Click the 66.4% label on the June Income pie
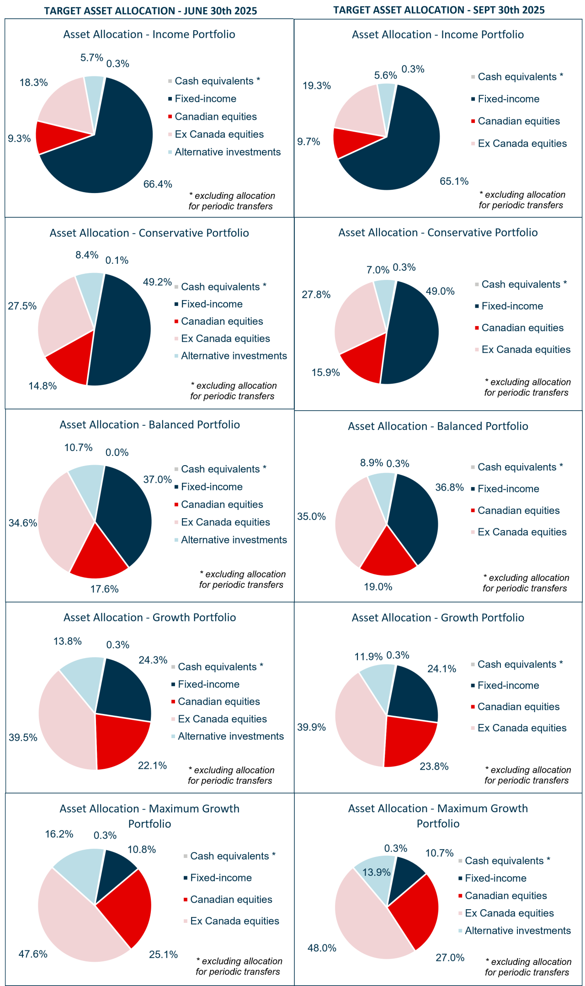158,184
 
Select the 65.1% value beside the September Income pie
454,181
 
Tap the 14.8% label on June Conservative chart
43,386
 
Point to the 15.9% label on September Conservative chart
325,372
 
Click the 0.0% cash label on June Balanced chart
117,452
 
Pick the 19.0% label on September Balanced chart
378,587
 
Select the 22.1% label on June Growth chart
152,766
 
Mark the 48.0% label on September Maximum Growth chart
322,948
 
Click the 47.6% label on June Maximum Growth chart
33,954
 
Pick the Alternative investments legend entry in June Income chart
227,152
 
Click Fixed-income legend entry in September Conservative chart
512,306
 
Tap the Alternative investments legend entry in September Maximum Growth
517,931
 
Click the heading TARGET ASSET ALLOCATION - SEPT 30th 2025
439,10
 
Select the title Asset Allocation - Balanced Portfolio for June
149,424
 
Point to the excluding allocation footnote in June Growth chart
231,775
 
